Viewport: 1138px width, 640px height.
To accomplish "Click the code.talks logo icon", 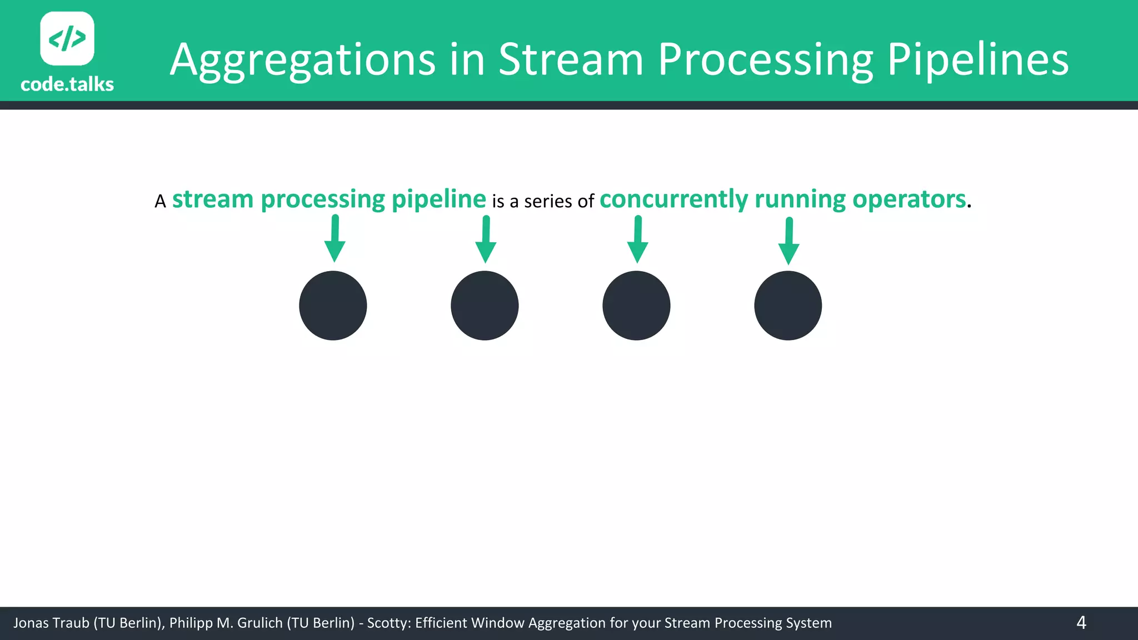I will (x=67, y=38).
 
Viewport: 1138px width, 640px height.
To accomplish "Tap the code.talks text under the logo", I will (x=67, y=84).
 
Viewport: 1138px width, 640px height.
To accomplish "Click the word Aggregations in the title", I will (x=303, y=60).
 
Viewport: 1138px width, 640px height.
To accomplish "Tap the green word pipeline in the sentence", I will (x=438, y=199).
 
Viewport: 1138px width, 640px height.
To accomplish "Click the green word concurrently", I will (x=673, y=199).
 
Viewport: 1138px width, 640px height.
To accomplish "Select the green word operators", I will (x=909, y=199).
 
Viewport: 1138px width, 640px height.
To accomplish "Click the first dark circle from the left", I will (x=333, y=306).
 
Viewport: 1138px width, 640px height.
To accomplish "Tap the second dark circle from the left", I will (x=485, y=306).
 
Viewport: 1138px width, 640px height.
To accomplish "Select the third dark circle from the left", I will (x=636, y=306).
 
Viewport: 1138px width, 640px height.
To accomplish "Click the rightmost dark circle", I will (x=788, y=306).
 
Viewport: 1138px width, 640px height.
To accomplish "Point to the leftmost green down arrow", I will (x=335, y=239).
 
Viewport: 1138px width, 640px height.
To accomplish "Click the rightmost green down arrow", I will (x=788, y=241).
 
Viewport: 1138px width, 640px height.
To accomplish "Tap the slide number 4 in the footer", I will (x=1081, y=623).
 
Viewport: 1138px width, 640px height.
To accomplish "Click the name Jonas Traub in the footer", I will (x=51, y=623).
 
